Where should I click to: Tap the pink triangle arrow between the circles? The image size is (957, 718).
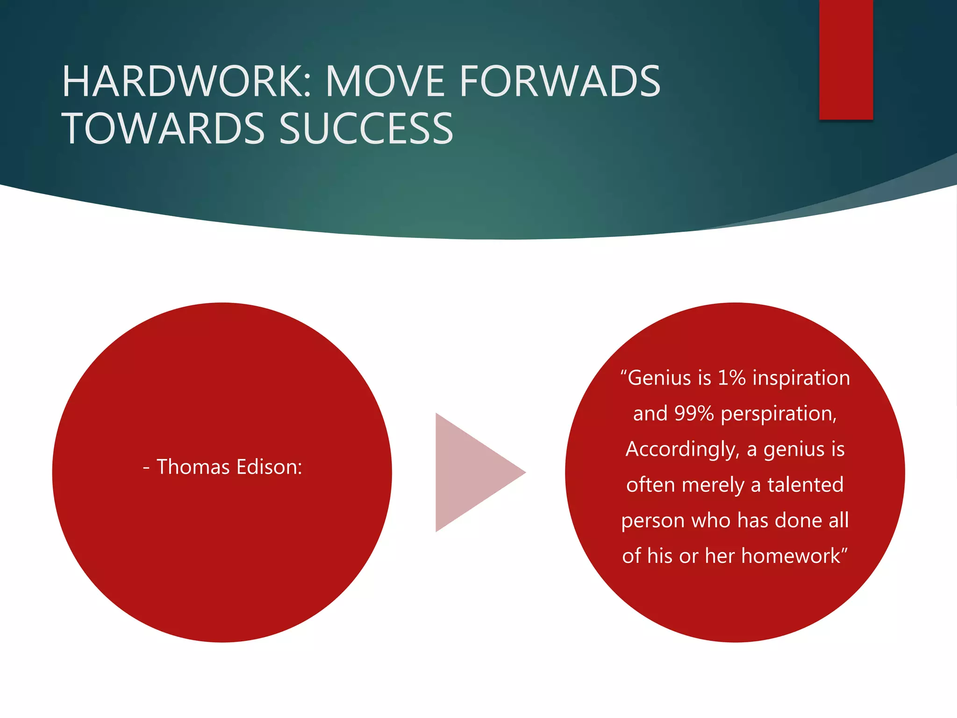[472, 472]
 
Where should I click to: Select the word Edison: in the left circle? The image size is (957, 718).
[269, 467]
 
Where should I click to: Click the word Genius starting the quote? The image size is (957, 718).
[659, 378]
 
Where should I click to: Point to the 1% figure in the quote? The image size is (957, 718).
[732, 378]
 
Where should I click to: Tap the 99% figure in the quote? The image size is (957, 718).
[694, 413]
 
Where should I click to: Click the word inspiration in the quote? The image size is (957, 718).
[801, 378]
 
